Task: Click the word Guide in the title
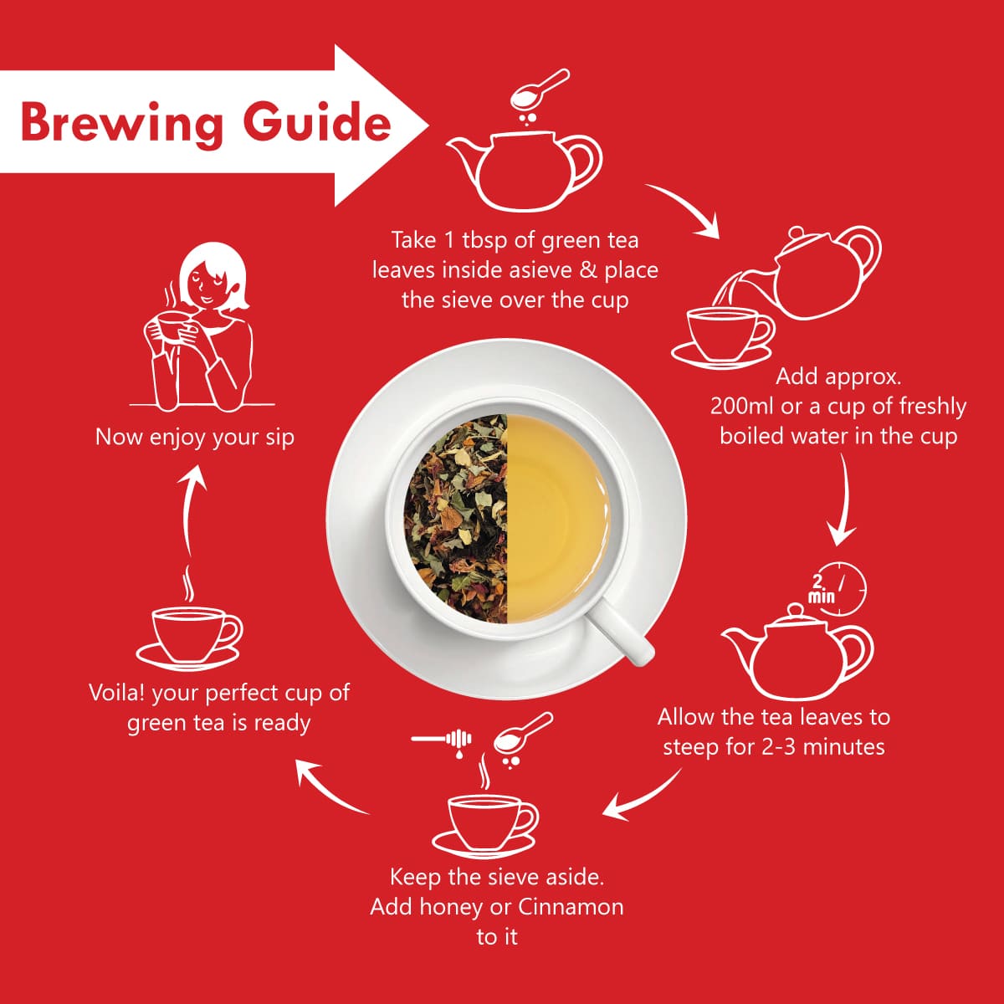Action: tap(317, 121)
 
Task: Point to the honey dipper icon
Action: tap(442, 739)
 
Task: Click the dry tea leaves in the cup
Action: tap(456, 519)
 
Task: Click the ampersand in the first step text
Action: tap(587, 270)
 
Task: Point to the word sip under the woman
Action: tap(279, 438)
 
